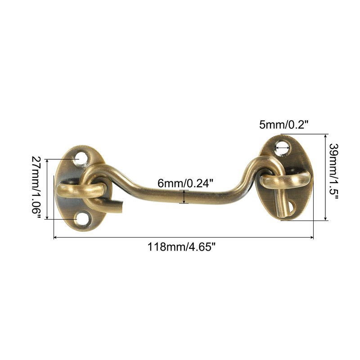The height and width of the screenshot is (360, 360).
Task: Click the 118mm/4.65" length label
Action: tap(182, 247)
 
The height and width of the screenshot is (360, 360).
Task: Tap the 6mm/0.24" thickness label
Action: tap(185, 184)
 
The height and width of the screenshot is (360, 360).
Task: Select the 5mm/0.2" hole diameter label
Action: tap(283, 125)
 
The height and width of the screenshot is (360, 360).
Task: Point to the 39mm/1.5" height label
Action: tap(334, 171)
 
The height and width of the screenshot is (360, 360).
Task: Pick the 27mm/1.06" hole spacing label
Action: tap(36, 188)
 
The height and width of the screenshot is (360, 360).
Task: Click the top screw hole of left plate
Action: tap(82, 159)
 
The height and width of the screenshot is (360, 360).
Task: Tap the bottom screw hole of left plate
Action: tap(82, 219)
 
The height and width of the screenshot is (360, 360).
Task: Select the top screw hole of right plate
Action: tap(283, 148)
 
